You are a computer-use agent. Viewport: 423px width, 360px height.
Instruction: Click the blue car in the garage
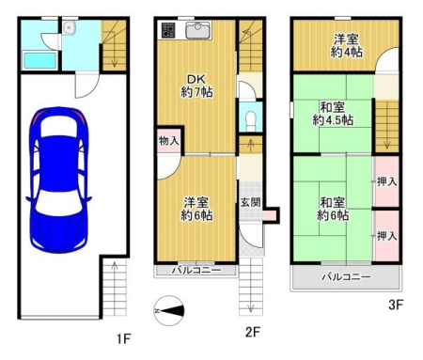[x=58, y=180]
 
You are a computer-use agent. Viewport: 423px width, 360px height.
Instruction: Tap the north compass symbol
[x=169, y=310]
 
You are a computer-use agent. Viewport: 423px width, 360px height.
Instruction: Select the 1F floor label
[x=123, y=338]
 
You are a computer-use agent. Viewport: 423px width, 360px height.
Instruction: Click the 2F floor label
[x=253, y=332]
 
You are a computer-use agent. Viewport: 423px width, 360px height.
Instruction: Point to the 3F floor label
[x=396, y=305]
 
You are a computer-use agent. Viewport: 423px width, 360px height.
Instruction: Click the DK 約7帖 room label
[x=196, y=86]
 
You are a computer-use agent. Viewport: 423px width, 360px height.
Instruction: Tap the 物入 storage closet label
[x=169, y=141]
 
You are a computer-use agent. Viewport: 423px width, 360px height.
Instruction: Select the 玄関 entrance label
[x=250, y=202]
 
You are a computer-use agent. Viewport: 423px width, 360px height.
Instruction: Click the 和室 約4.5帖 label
[x=333, y=114]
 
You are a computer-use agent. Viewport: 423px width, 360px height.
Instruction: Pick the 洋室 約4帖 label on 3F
[x=346, y=46]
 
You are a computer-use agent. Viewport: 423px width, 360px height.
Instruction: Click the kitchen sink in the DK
[x=197, y=30]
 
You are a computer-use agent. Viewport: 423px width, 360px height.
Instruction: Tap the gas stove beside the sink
[x=168, y=30]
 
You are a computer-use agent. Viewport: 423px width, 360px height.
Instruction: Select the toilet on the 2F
[x=251, y=120]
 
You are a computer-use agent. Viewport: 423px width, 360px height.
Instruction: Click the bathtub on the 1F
[x=40, y=60]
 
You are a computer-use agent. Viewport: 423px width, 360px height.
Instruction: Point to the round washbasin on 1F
[x=68, y=28]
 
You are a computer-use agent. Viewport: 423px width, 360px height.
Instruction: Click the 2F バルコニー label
[x=196, y=270]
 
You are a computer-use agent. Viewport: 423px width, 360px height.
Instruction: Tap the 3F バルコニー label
[x=347, y=276]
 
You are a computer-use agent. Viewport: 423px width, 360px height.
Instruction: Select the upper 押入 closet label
[x=387, y=181]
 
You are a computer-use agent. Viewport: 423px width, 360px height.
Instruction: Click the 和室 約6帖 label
[x=333, y=209]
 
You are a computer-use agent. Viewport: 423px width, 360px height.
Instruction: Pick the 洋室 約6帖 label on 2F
[x=196, y=209]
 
